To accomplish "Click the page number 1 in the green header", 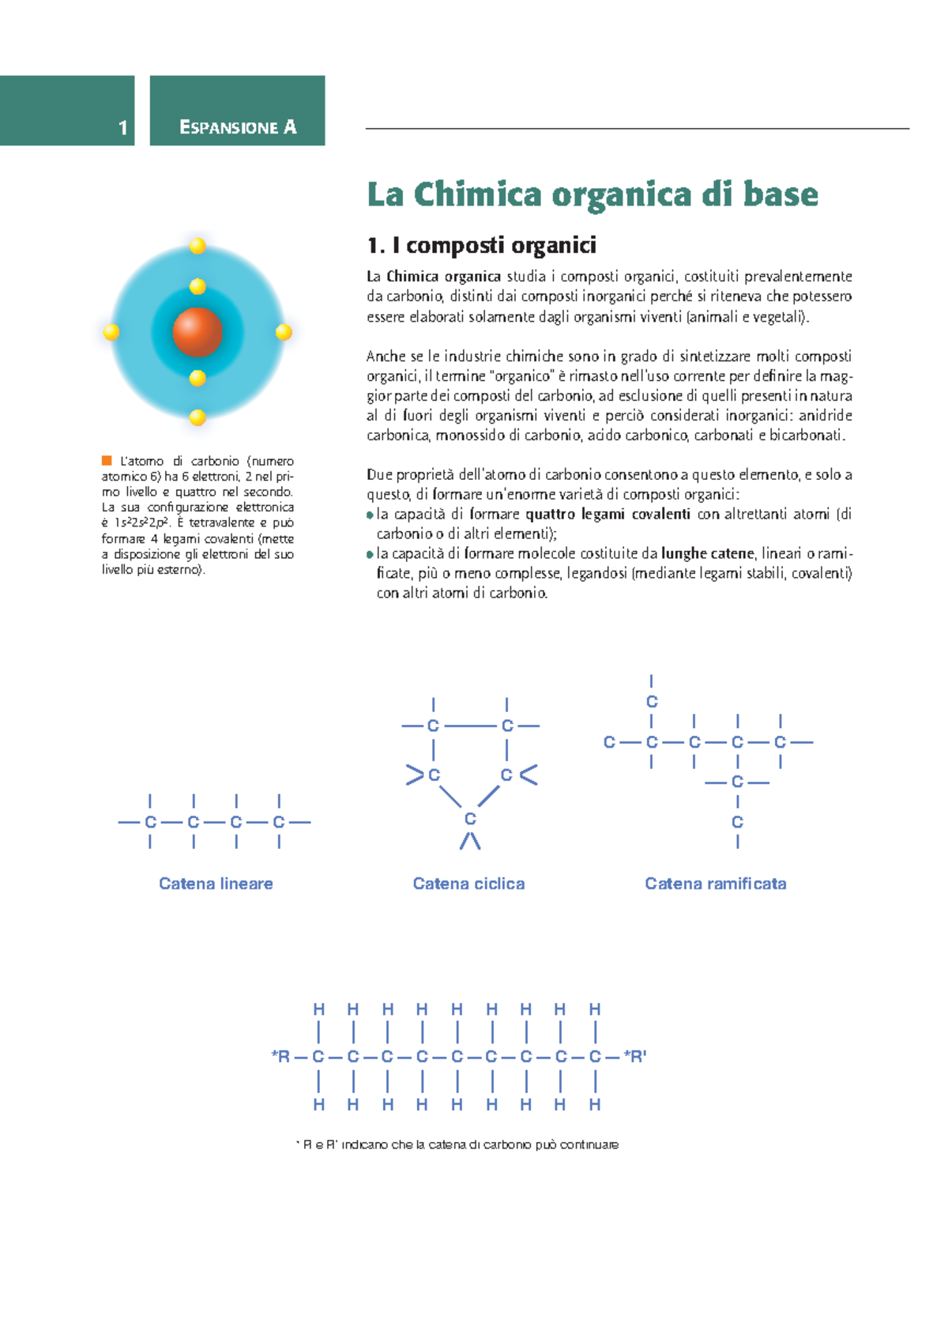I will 122,127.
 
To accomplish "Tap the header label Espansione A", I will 238,127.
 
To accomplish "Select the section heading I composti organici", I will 481,245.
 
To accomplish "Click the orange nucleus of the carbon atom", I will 197,332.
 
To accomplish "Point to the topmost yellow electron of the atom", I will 197,246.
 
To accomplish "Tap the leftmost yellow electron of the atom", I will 111,332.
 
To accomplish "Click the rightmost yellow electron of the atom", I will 284,332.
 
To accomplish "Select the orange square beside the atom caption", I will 107,460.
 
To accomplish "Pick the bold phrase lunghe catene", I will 707,553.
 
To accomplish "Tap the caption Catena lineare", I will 216,884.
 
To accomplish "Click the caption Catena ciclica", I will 468,884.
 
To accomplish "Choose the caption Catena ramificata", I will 715,884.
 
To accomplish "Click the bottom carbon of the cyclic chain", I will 470,819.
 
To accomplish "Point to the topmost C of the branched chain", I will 652,701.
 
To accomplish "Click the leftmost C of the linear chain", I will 150,822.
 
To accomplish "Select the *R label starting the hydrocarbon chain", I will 280,1056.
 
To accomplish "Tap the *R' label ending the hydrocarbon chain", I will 635,1056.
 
